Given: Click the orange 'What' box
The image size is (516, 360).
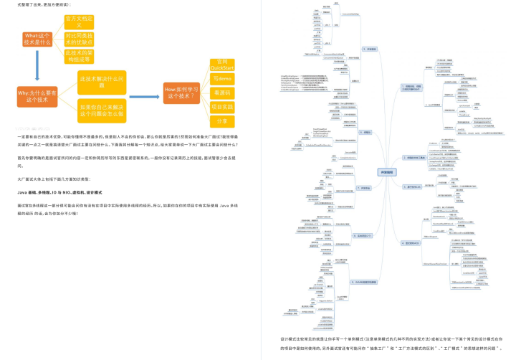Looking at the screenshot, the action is [37, 39].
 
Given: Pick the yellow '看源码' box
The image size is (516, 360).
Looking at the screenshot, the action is [222, 93].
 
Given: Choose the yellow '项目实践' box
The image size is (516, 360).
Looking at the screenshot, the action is [222, 106].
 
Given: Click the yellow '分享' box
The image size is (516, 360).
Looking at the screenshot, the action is [222, 120].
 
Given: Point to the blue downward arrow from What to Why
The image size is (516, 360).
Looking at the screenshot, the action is [37, 69].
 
